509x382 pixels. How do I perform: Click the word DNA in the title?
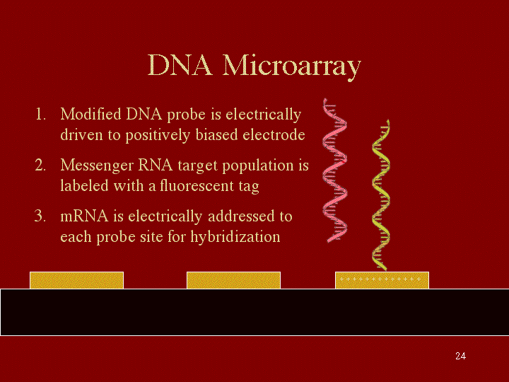coord(180,65)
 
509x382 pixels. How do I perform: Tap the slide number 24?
coord(460,356)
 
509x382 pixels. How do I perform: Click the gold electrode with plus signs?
coord(382,280)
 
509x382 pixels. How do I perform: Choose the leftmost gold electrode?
coord(76,280)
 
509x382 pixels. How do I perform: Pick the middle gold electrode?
coord(233,280)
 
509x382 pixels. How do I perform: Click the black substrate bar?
coord(255,312)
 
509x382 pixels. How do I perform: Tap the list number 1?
coord(40,115)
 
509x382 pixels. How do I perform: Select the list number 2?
coord(40,166)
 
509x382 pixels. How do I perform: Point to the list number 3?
coord(40,216)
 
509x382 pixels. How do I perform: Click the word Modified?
coord(90,114)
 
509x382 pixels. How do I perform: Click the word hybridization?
coord(235,237)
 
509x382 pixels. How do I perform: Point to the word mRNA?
coord(84,216)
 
